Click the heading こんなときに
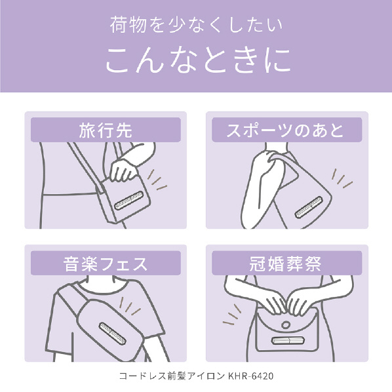coord(198,60)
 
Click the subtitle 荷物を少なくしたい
coord(196,25)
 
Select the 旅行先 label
coord(106,130)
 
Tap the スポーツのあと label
coord(285,130)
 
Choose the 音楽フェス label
coord(106,264)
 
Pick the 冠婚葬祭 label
coord(285,264)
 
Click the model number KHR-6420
coord(251,376)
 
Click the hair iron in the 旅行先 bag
coord(129,200)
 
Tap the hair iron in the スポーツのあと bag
coord(309,207)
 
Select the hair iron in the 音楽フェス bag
coord(113,333)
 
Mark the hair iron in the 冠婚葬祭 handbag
coord(288,340)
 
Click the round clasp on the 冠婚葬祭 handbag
coord(286,325)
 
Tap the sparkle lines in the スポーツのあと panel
coord(342,178)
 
